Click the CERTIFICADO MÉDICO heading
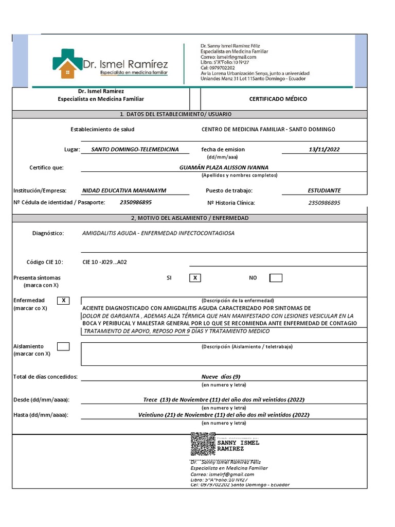(278, 99)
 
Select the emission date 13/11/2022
(324, 149)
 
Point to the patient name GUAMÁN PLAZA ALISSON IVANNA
(224, 167)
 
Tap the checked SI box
(195, 278)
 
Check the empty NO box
(276, 278)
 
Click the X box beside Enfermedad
(63, 301)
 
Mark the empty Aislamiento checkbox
(63, 346)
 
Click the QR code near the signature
(203, 444)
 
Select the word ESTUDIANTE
(324, 190)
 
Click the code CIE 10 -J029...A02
(104, 262)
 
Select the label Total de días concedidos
(45, 377)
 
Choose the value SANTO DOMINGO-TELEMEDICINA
(135, 149)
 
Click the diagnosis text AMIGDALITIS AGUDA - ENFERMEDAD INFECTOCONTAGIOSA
(158, 233)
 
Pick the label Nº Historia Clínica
(231, 203)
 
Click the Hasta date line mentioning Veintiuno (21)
(224, 415)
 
